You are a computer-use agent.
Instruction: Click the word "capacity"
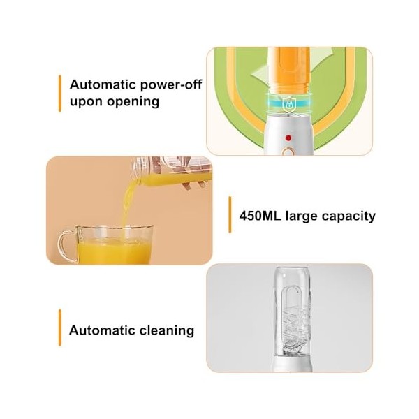346,216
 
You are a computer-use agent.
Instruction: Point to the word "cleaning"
167,330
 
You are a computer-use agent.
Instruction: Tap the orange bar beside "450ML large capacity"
230,214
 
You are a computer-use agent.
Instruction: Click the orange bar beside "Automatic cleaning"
59,327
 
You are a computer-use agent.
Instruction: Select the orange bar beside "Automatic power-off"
59,91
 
